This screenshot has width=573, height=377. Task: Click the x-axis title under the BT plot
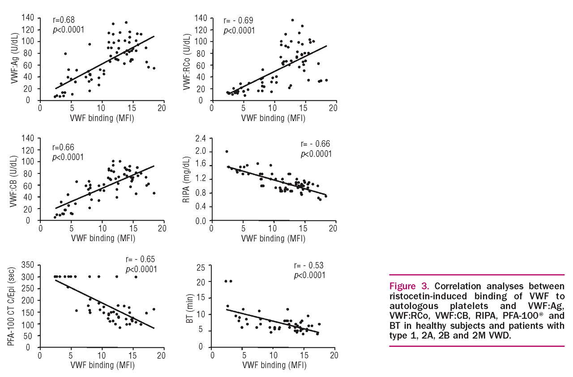274,364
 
